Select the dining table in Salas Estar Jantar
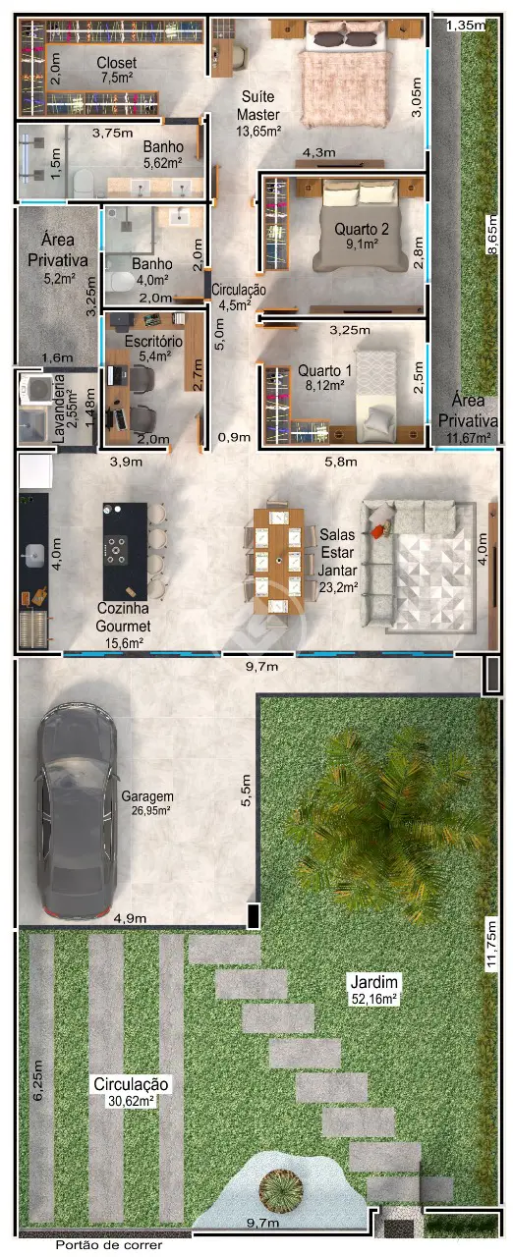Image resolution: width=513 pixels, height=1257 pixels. pos(278,560)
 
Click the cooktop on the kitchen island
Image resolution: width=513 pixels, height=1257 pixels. pos(117,549)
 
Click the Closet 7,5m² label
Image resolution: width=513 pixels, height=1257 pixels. pos(116,70)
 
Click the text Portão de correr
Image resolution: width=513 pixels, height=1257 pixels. pos(109,1245)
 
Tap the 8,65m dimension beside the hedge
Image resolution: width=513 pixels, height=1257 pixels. pos(491,235)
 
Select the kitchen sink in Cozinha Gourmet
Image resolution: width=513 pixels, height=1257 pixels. pos(33,556)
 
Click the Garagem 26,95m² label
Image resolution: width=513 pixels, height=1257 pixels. pos(147,802)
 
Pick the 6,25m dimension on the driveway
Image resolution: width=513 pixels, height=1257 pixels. pos(37,1080)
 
